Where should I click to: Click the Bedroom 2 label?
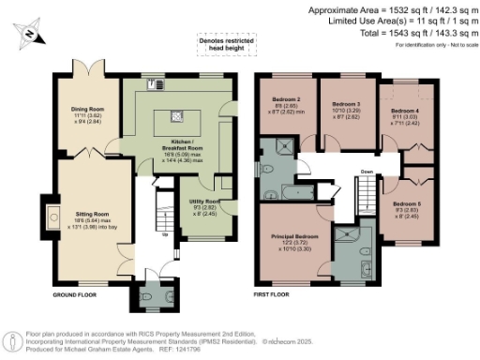pos(286,99)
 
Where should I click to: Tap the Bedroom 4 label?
pos(405,111)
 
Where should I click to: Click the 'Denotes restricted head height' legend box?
pos(224,44)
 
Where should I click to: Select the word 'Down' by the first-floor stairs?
pos(367,172)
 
